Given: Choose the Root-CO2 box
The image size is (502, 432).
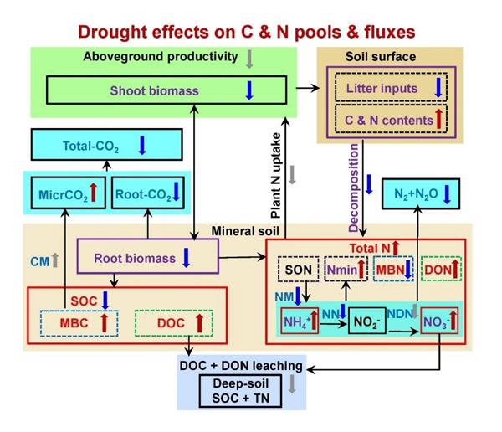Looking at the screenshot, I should [148, 194].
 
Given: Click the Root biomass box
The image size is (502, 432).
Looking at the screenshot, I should [146, 256].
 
